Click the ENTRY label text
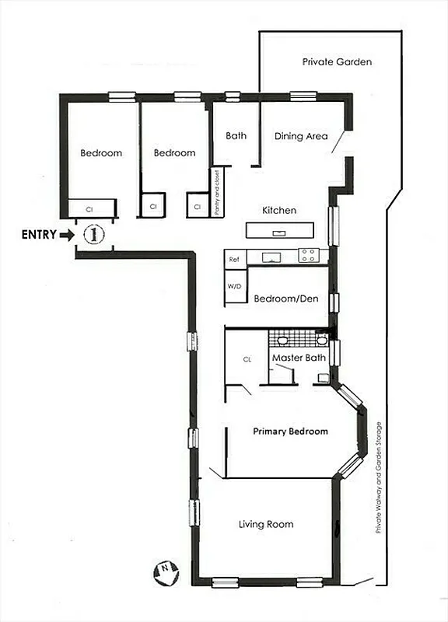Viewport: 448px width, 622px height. [38, 234]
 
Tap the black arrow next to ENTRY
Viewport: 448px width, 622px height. [67, 234]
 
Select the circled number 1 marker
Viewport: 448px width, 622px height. [93, 233]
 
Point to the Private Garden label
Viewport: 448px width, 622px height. [337, 61]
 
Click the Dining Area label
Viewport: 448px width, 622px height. [301, 136]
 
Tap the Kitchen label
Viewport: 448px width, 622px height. [278, 210]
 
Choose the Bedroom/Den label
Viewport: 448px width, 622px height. [286, 298]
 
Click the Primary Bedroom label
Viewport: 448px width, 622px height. [290, 431]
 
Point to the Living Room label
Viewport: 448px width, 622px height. [266, 524]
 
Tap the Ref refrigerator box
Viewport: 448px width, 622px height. [233, 256]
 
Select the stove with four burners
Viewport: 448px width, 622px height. [308, 254]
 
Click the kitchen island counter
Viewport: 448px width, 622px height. [280, 230]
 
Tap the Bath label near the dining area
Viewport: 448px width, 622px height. [236, 135]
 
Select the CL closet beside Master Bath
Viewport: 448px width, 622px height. [247, 359]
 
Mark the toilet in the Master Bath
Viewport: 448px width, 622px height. [323, 378]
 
